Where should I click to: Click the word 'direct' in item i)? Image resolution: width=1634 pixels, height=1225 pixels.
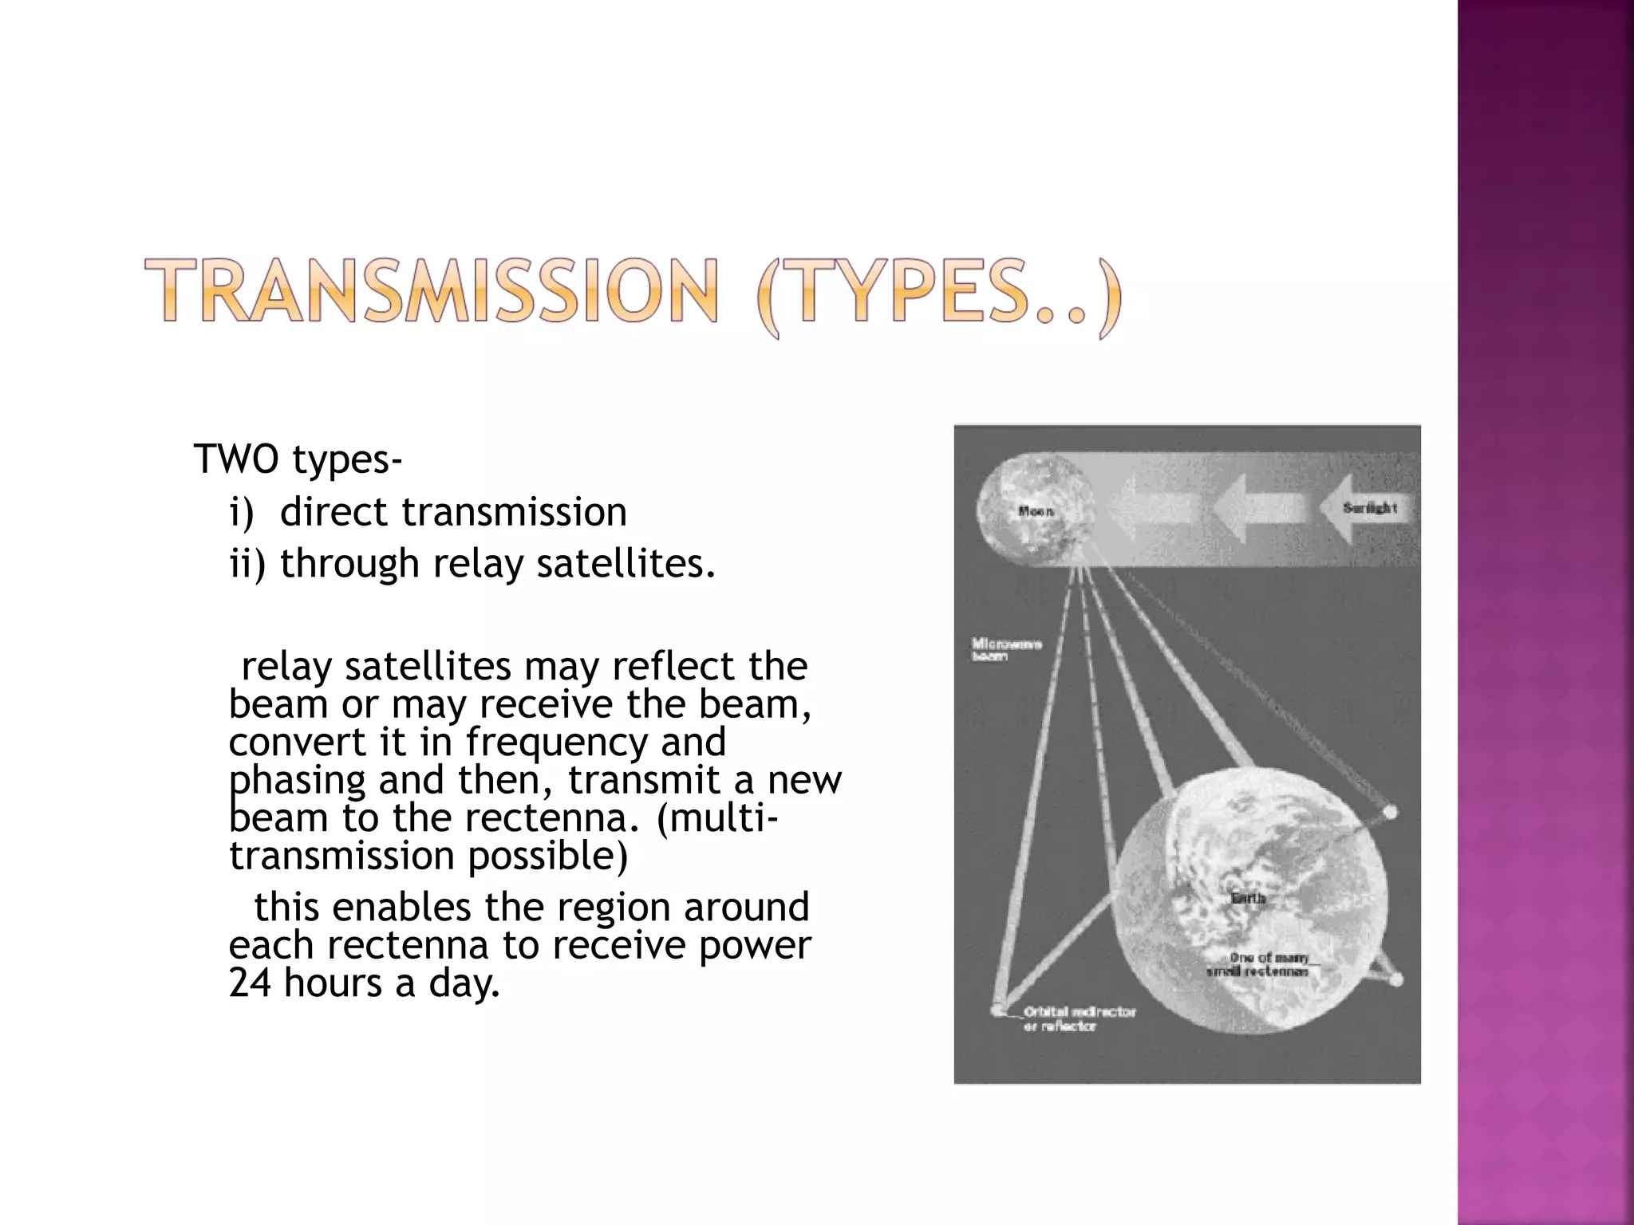pos(335,511)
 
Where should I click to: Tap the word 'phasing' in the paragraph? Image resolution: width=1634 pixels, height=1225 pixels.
pos(297,780)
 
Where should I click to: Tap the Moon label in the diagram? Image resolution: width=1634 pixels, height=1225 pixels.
pos(1036,511)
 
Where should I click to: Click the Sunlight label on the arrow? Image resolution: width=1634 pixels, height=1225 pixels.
pos(1369,508)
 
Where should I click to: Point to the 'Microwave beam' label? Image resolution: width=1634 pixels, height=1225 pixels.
pos(1005,649)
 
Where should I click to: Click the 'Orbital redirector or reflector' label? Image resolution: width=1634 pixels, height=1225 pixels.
pos(1079,1018)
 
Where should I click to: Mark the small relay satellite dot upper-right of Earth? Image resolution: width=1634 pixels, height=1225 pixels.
pos(1389,813)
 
